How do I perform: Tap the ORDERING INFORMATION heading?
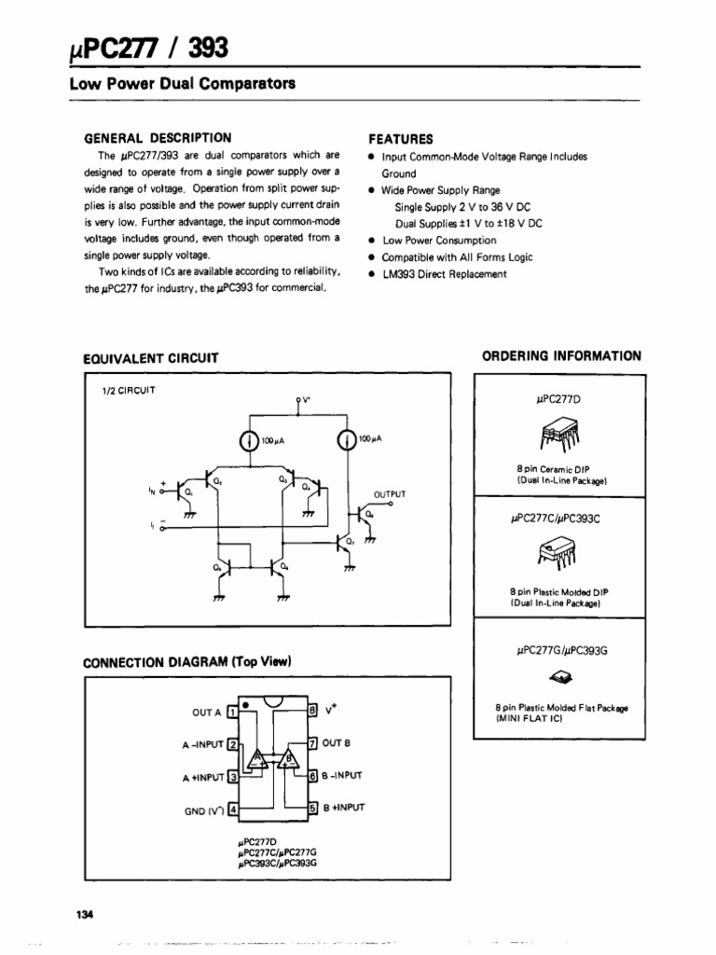[561, 355]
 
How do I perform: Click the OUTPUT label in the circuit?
[390, 493]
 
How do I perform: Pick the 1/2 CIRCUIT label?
[129, 390]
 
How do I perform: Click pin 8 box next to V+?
[313, 711]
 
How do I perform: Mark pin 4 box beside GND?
[233, 810]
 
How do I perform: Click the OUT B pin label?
[337, 744]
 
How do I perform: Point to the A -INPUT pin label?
[202, 746]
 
